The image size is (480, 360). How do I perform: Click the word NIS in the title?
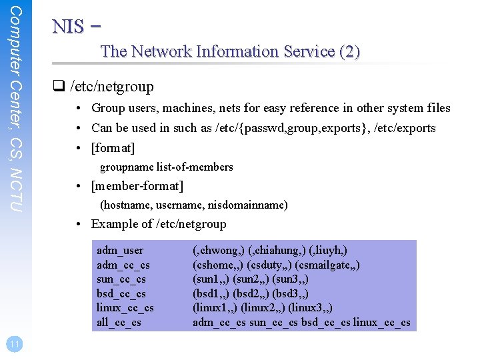tap(68, 27)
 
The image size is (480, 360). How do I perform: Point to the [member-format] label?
tap(137, 185)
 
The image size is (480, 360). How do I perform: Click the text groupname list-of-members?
tap(167, 167)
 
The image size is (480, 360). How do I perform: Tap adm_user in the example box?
tap(120, 251)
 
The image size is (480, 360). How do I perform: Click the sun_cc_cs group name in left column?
tap(121, 279)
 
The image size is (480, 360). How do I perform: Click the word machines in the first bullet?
tap(159, 108)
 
